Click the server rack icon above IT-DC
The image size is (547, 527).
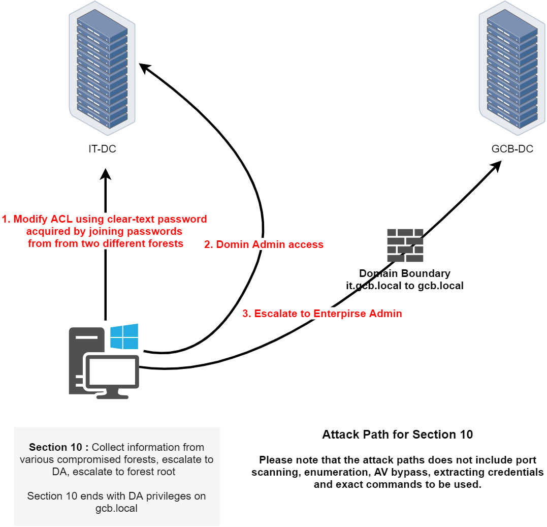pyautogui.click(x=102, y=69)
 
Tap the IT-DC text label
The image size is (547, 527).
pyautogui.click(x=103, y=149)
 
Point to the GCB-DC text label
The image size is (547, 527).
pyautogui.click(x=512, y=149)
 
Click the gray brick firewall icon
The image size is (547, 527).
pyautogui.click(x=405, y=245)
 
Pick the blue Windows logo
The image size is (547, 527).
pyautogui.click(x=124, y=336)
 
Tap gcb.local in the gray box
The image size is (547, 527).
pyautogui.click(x=116, y=508)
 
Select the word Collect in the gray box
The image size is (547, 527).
pyautogui.click(x=109, y=447)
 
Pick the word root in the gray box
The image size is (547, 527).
pyautogui.click(x=166, y=472)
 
